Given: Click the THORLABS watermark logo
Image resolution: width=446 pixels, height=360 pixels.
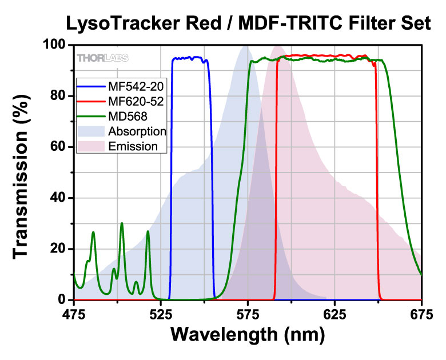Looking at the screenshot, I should pyautogui.click(x=102, y=57).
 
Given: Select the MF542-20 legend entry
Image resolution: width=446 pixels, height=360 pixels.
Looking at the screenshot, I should pyautogui.click(x=132, y=86).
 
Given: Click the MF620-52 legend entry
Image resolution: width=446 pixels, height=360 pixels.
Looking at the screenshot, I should pyautogui.click(x=132, y=101).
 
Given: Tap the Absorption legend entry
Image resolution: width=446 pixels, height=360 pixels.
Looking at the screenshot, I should pyautogui.click(x=137, y=131).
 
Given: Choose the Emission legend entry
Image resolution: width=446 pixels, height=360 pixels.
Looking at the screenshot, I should pyautogui.click(x=133, y=146).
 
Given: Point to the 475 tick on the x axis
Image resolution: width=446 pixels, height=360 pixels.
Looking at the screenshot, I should pyautogui.click(x=73, y=314).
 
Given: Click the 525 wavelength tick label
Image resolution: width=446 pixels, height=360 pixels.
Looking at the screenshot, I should pyautogui.click(x=161, y=314).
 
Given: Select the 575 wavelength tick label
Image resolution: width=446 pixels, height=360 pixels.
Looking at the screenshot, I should pyautogui.click(x=248, y=314).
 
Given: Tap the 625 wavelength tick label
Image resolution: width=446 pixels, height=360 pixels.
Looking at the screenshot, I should pyautogui.click(x=334, y=314).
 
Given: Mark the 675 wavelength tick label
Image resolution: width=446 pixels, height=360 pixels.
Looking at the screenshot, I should pyautogui.click(x=421, y=314).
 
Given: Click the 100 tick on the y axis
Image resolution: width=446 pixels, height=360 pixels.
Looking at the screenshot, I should pyautogui.click(x=55, y=45).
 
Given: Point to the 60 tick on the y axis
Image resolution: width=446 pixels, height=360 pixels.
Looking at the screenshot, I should pyautogui.click(x=59, y=147).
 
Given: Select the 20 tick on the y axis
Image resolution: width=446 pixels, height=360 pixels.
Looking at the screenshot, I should pyautogui.click(x=59, y=249).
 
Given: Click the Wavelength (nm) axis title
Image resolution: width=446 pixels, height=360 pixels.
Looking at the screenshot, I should pyautogui.click(x=247, y=334).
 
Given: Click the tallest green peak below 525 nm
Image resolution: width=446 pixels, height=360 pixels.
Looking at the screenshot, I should pyautogui.click(x=122, y=223).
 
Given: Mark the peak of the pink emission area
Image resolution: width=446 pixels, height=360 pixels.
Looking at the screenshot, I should pyautogui.click(x=278, y=46).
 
